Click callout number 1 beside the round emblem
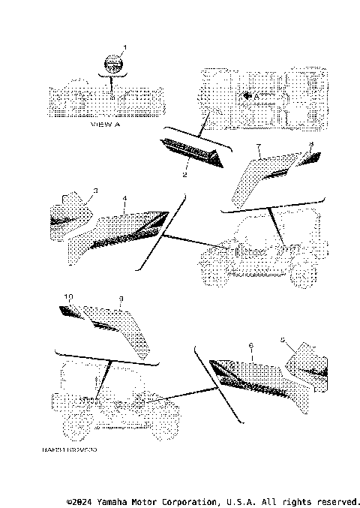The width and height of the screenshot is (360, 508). click(x=124, y=48)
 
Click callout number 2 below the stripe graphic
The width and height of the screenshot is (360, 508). click(x=184, y=175)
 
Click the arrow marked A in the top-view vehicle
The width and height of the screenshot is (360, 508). click(x=250, y=97)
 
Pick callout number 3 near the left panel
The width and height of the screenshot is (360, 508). click(x=95, y=191)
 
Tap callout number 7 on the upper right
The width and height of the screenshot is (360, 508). click(x=258, y=146)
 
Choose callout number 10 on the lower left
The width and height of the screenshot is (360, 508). click(x=68, y=297)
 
